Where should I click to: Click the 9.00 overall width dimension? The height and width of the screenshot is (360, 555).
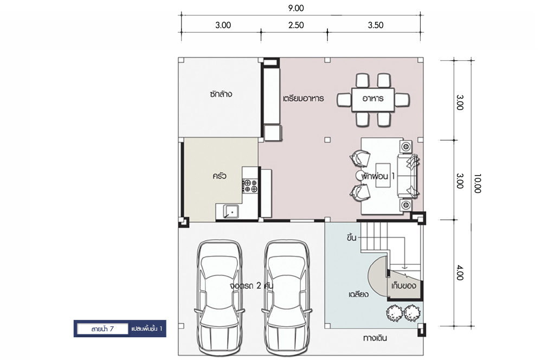pyautogui.click(x=295, y=8)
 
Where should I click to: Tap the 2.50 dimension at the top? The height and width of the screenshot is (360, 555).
pyautogui.click(x=296, y=25)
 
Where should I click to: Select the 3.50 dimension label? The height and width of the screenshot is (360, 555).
pyautogui.click(x=376, y=25)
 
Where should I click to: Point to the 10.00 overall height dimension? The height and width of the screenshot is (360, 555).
pyautogui.click(x=477, y=183)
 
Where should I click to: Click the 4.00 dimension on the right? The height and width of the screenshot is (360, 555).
pyautogui.click(x=460, y=273)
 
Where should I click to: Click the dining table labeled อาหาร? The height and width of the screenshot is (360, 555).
pyautogui.click(x=373, y=100)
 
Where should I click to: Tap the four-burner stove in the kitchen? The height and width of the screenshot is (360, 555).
pyautogui.click(x=250, y=186)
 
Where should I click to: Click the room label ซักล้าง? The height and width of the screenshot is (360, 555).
pyautogui.click(x=221, y=94)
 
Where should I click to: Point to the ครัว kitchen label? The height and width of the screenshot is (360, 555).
pyautogui.click(x=220, y=176)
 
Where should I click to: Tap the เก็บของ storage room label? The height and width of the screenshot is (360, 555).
pyautogui.click(x=404, y=285)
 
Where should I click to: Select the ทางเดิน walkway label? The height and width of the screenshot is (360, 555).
pyautogui.click(x=375, y=338)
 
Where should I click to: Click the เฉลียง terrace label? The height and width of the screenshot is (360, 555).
pyautogui.click(x=359, y=294)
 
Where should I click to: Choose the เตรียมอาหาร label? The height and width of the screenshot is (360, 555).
pyautogui.click(x=304, y=99)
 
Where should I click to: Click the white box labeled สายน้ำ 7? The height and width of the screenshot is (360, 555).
pyautogui.click(x=102, y=329)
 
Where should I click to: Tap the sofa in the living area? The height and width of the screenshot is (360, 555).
pyautogui.click(x=408, y=176)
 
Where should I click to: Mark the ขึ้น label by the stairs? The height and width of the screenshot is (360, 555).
pyautogui.click(x=351, y=237)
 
